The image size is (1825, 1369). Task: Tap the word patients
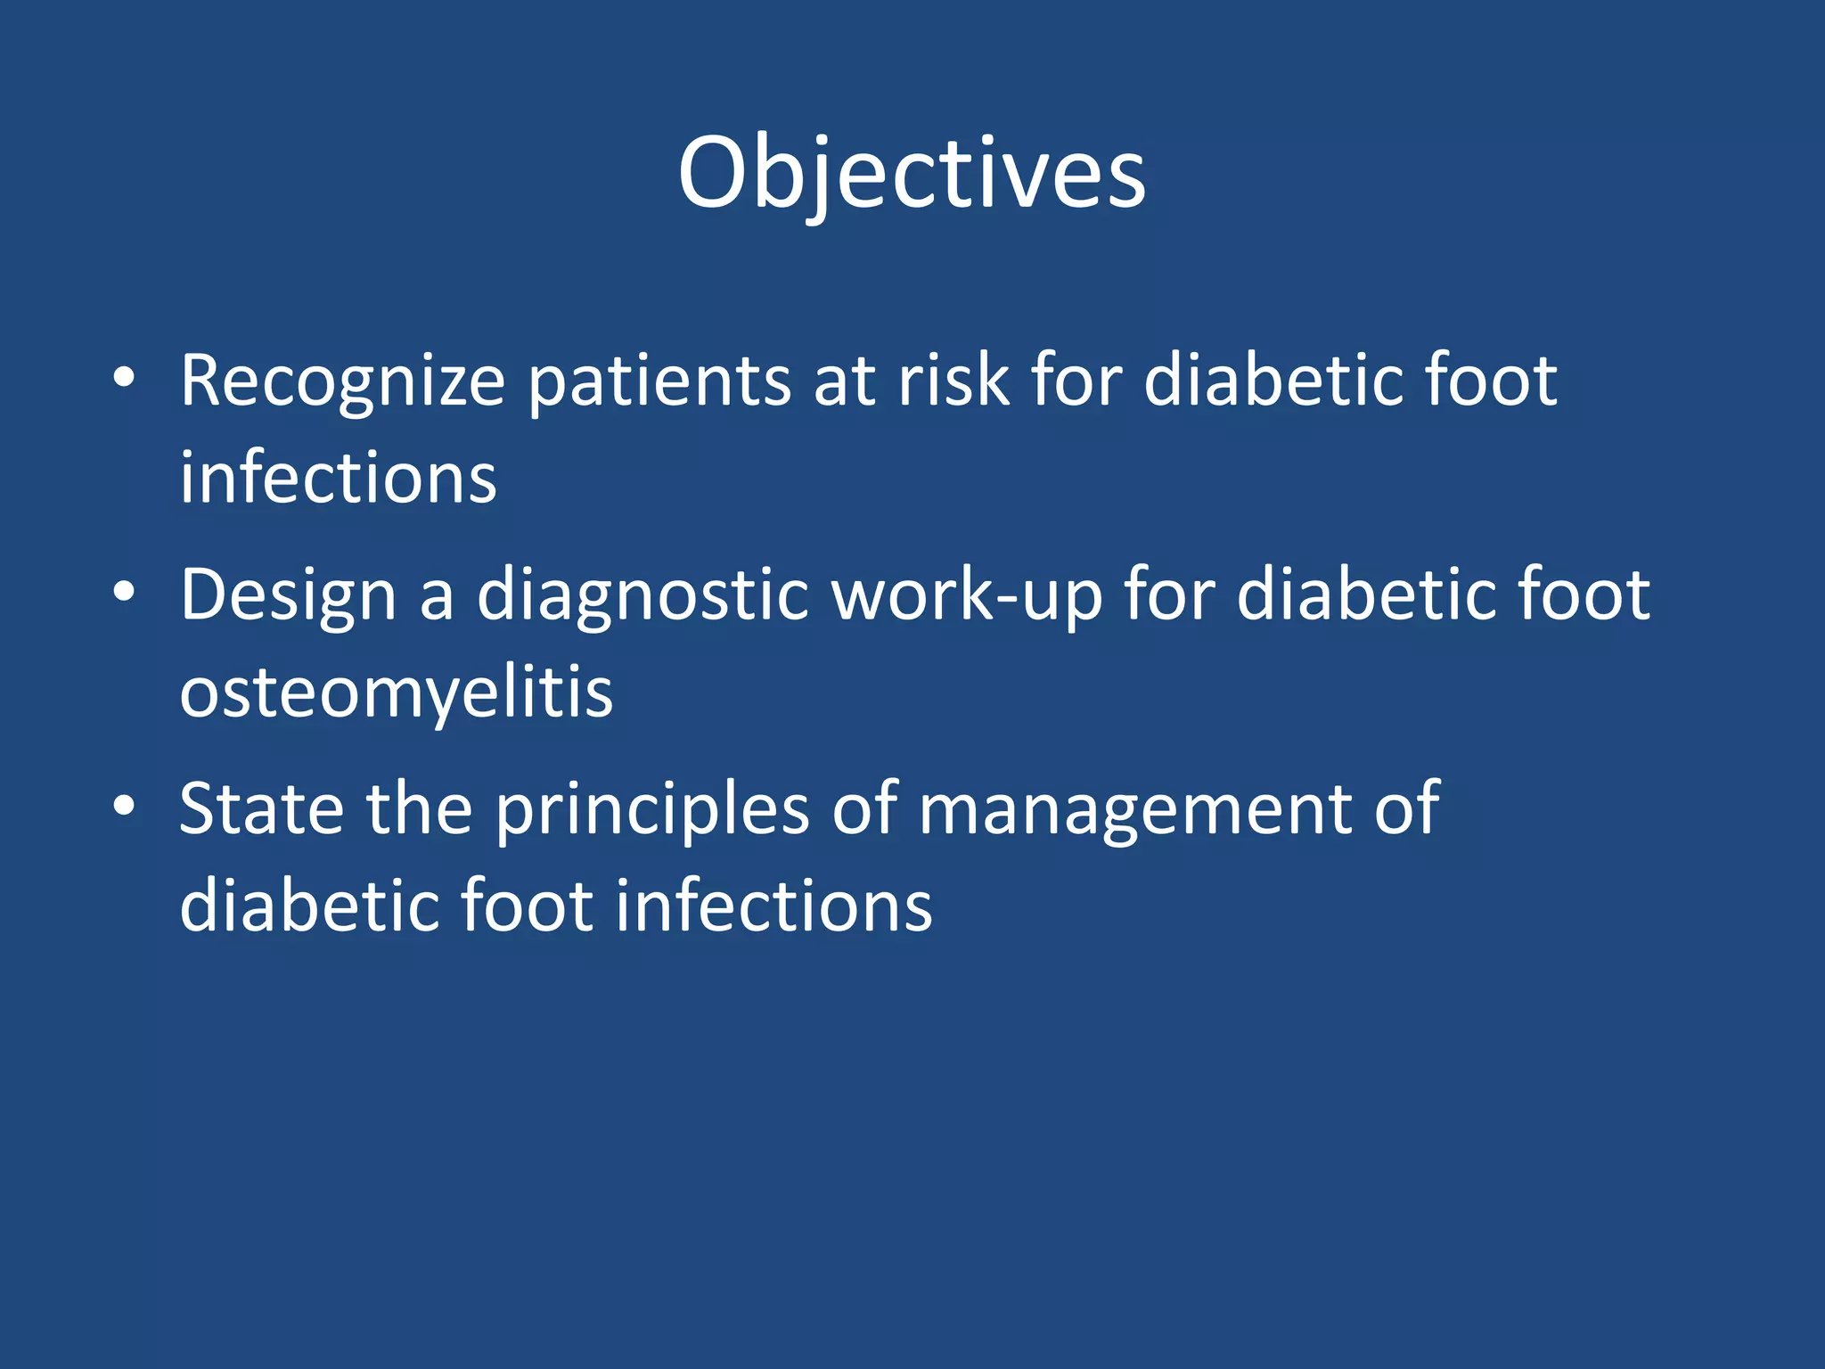click(x=659, y=381)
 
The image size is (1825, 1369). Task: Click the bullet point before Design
click(x=124, y=592)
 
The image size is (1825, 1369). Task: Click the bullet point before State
click(x=124, y=806)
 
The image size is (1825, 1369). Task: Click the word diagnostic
click(x=642, y=595)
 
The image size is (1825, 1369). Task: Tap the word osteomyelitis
click(x=397, y=692)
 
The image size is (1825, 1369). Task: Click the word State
click(x=261, y=808)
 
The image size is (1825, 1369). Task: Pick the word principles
click(x=652, y=809)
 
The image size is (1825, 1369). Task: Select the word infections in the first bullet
click(x=338, y=479)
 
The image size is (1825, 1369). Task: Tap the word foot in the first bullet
click(x=1490, y=381)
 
